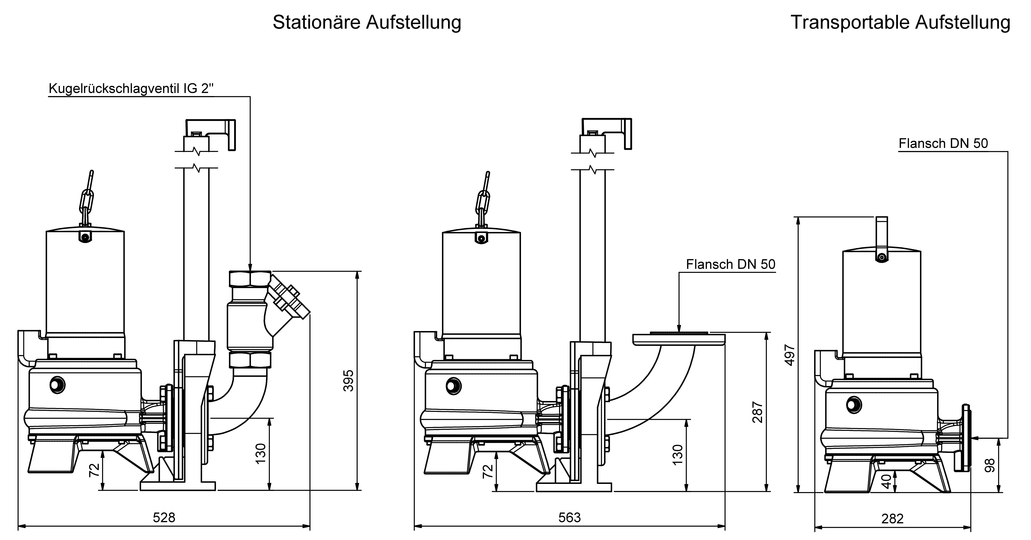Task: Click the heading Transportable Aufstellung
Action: click(900, 22)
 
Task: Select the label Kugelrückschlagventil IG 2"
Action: click(131, 89)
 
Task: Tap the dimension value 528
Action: click(164, 518)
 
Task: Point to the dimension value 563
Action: click(570, 518)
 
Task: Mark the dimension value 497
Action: click(790, 355)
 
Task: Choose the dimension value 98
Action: click(989, 465)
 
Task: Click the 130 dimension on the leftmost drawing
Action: click(261, 454)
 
